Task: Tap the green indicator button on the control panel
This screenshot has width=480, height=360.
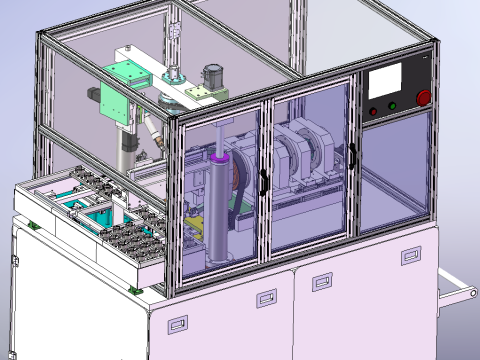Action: [x=393, y=106]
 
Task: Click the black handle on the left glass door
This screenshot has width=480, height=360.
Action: [x=262, y=180]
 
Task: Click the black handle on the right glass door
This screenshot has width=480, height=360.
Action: [x=352, y=155]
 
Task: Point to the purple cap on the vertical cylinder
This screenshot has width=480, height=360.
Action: [x=220, y=158]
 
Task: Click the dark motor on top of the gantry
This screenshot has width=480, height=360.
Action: [x=211, y=74]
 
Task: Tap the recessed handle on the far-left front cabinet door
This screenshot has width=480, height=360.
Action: [x=177, y=324]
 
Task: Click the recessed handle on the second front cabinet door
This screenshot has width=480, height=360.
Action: [x=266, y=298]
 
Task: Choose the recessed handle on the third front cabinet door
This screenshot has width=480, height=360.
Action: [x=322, y=277]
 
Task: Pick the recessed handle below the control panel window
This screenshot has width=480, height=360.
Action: [x=411, y=257]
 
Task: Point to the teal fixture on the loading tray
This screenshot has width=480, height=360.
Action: [x=100, y=215]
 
